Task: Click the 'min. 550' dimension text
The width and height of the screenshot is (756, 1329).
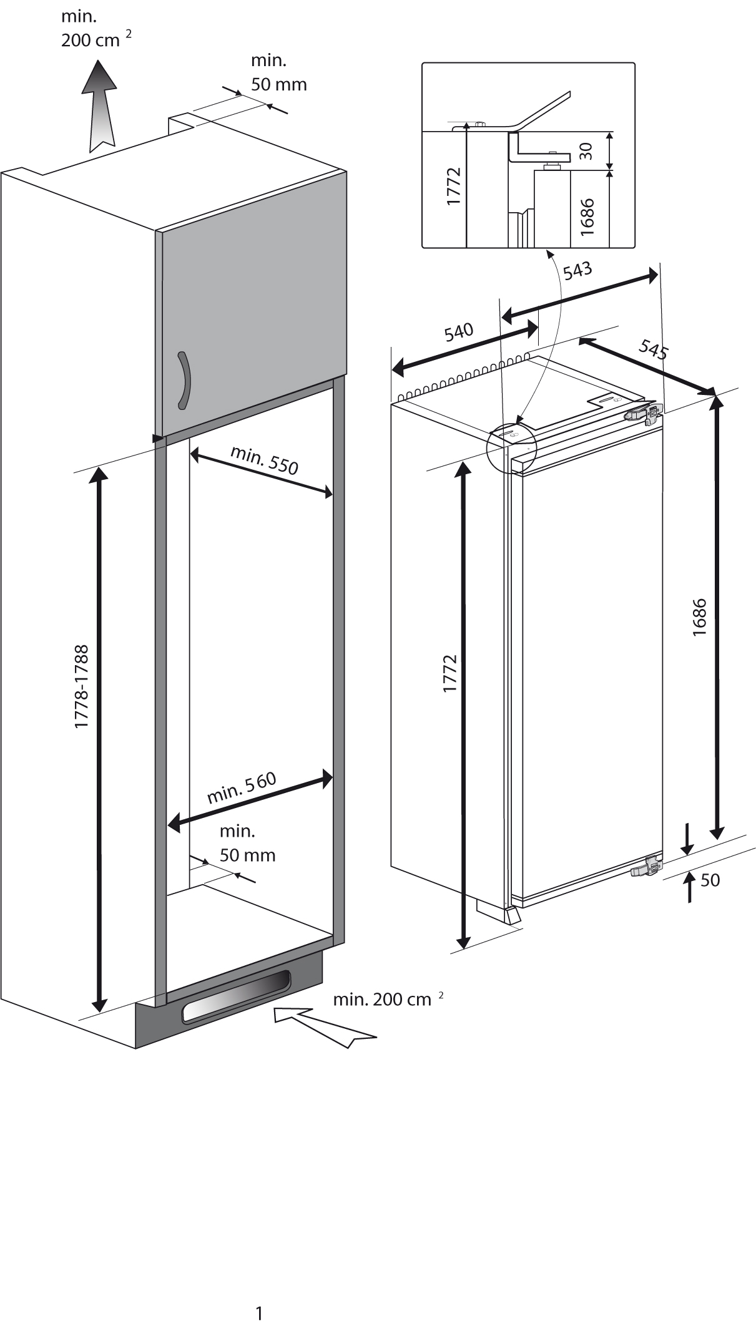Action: pos(265,460)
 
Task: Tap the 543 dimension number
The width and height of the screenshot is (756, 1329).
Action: pos(577,273)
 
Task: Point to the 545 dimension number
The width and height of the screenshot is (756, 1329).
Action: pos(653,349)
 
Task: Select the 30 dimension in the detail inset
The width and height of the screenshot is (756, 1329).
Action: pos(585,150)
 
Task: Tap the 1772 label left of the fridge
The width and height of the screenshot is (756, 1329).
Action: pos(450,673)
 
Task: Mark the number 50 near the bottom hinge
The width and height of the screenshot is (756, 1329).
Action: pos(710,880)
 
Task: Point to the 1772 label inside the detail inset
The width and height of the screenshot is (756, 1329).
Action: pos(453,187)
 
